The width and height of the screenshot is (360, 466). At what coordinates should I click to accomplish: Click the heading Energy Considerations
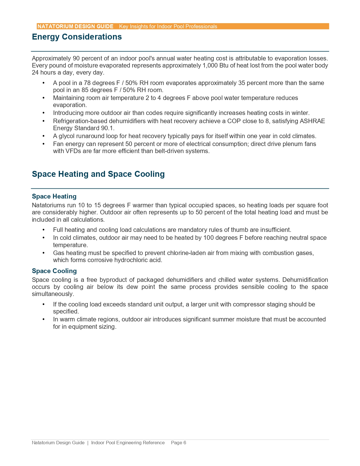[77, 37]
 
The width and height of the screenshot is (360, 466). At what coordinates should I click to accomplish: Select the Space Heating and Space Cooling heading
[98, 174]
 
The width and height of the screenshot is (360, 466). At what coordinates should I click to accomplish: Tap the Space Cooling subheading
[54, 271]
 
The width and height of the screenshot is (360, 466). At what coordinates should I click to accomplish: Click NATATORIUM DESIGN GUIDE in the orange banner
[75, 26]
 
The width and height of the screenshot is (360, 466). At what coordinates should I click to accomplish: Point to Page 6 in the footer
[178, 443]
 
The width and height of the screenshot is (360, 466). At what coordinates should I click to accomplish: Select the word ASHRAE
[312, 121]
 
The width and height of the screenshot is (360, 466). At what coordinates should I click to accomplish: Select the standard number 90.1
[108, 128]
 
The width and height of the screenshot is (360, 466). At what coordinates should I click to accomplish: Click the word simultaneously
[53, 294]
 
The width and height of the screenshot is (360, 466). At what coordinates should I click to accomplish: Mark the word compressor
[248, 304]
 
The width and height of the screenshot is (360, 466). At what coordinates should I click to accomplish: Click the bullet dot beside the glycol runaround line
[43, 136]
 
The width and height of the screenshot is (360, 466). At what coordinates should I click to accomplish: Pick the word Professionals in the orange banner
[201, 26]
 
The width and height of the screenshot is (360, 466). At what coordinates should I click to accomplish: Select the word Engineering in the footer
[128, 443]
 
